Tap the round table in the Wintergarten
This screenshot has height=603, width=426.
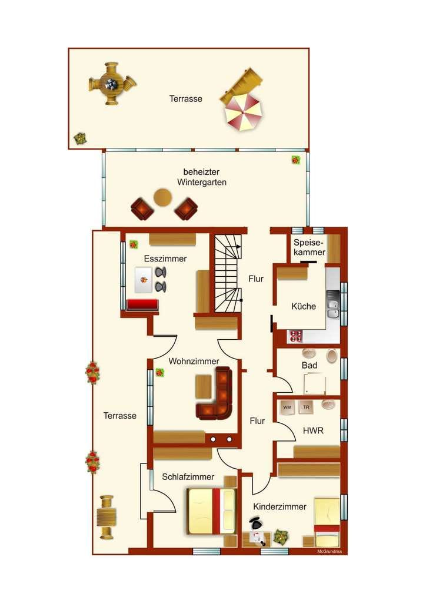point(162,197)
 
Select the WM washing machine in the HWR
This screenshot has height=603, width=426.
point(287,407)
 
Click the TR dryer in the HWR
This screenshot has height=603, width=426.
point(306,407)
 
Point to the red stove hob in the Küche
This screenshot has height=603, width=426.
point(296,336)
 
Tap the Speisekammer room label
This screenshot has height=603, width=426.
point(309,247)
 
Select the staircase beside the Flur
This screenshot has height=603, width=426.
point(228,273)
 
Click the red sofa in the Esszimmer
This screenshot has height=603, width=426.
point(142,305)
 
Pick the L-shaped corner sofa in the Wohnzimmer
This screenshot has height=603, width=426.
point(217,396)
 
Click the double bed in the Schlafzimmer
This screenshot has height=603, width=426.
point(211,511)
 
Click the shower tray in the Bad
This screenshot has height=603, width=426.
point(315,384)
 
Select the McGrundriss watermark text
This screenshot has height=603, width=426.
point(329,551)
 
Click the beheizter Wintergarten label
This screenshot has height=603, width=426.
point(201,177)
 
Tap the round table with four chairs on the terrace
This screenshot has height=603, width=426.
point(112,83)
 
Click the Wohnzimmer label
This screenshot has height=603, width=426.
point(194,361)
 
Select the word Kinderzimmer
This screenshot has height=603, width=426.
point(279,506)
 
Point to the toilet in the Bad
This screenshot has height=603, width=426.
point(331,356)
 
